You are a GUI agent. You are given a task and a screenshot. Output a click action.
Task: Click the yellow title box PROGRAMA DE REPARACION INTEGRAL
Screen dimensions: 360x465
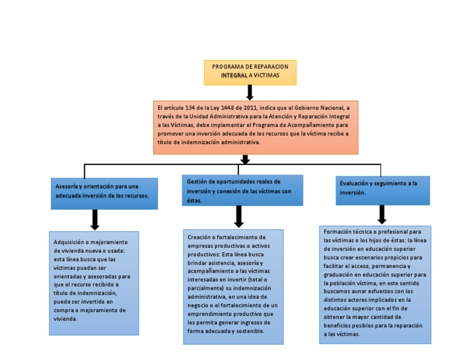click(x=250, y=72)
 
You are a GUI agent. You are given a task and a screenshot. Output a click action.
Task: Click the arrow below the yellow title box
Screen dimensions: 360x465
click(x=249, y=93)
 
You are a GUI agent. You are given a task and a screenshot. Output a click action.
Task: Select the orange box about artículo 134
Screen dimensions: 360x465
click(x=256, y=127)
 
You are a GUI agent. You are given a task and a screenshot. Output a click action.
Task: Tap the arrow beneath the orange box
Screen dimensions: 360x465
click(x=245, y=159)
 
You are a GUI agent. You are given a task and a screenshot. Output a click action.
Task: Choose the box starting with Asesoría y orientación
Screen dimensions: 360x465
click(x=104, y=193)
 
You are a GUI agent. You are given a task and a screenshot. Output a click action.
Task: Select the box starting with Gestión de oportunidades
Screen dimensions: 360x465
click(x=242, y=190)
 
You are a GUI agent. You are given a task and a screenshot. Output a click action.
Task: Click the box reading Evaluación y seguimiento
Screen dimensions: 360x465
click(x=383, y=190)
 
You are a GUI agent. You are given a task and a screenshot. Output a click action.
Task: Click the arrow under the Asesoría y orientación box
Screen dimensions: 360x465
click(x=94, y=219)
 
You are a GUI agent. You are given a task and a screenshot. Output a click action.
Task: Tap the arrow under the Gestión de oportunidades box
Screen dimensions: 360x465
click(x=239, y=217)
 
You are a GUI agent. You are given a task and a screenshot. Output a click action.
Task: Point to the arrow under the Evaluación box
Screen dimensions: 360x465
click(x=382, y=215)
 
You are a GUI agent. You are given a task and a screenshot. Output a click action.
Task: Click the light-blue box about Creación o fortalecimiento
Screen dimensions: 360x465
click(x=233, y=286)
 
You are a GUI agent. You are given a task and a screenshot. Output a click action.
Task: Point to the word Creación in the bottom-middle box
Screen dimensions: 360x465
click(x=200, y=236)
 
